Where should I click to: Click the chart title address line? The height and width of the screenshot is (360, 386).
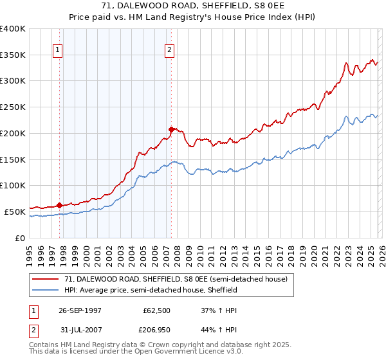(x=192, y=5)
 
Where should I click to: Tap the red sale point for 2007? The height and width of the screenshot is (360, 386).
(x=171, y=129)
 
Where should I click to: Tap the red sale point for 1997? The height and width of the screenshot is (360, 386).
(x=60, y=205)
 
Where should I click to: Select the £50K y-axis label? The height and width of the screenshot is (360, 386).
(x=15, y=212)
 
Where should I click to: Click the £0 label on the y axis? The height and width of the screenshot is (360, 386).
(x=21, y=238)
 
